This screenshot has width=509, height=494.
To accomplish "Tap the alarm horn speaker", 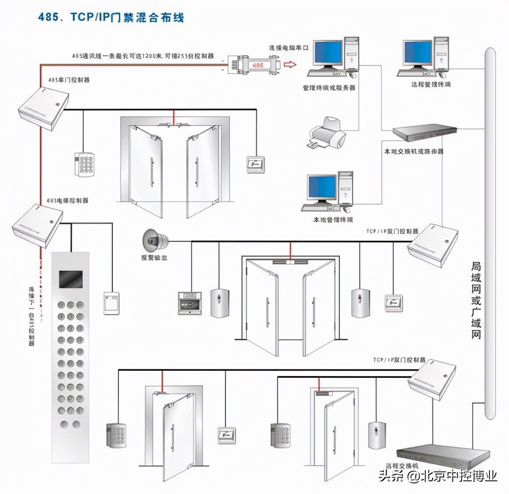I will click(x=155, y=240).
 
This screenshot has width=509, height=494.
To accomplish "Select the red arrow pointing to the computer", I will click(x=289, y=65).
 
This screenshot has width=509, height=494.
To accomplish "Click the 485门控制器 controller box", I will click(x=43, y=109).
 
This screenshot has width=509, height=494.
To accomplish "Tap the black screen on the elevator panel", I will click(x=71, y=280).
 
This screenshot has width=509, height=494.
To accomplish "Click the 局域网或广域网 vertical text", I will click(x=476, y=300).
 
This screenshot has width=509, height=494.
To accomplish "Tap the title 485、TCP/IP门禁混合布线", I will click(x=110, y=17).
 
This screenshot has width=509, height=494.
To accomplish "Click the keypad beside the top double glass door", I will click(x=84, y=164).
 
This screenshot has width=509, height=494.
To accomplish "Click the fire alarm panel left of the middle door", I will click(x=190, y=303).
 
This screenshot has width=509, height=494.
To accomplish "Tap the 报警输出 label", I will click(x=154, y=257).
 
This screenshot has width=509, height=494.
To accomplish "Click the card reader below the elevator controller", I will click(x=111, y=303).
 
